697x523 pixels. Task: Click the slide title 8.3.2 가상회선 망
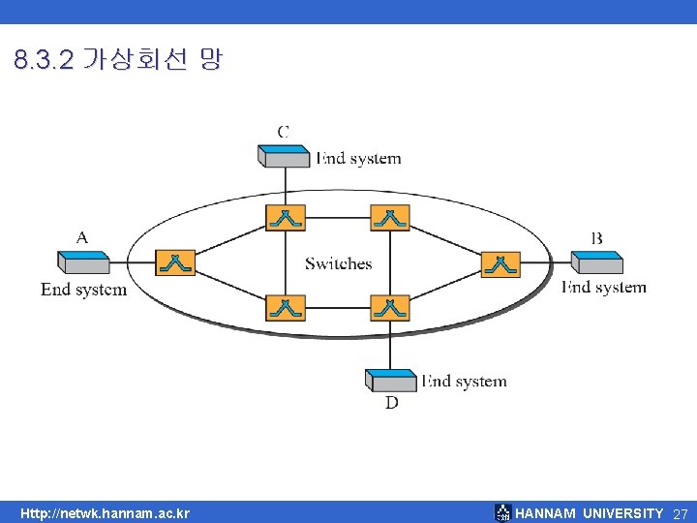[118, 60]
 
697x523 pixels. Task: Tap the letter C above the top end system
[283, 131]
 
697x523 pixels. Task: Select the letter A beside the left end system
[81, 236]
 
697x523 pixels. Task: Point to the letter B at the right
[596, 237]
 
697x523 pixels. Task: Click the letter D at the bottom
[391, 402]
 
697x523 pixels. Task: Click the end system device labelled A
[83, 261]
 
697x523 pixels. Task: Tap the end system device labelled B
[596, 261]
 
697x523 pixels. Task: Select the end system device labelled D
[391, 380]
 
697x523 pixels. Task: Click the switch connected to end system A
[175, 262]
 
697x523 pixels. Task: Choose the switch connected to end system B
[500, 263]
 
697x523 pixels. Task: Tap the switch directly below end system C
[286, 217]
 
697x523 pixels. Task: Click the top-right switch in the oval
[390, 217]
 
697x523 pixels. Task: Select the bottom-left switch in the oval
[286, 308]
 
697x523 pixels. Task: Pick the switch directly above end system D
[390, 308]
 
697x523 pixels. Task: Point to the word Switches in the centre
[338, 263]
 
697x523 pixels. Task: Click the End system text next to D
[466, 382]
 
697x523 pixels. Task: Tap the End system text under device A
[83, 290]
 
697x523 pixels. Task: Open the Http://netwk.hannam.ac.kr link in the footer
[106, 513]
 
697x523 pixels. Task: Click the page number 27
[681, 513]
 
